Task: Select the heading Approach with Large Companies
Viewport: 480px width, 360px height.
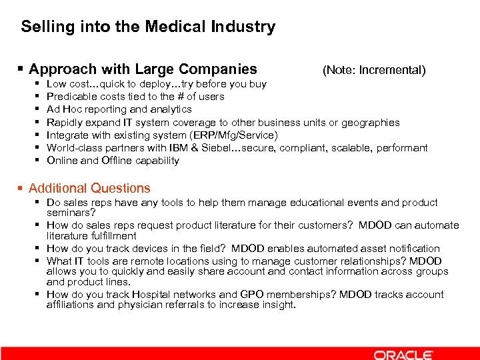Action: (143, 69)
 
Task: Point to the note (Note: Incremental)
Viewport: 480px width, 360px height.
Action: (373, 70)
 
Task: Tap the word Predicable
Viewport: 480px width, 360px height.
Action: (70, 97)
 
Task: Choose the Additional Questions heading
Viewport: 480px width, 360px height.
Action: (89, 189)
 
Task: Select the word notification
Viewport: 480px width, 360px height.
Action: (413, 249)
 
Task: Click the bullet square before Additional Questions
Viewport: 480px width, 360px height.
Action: (22, 189)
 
